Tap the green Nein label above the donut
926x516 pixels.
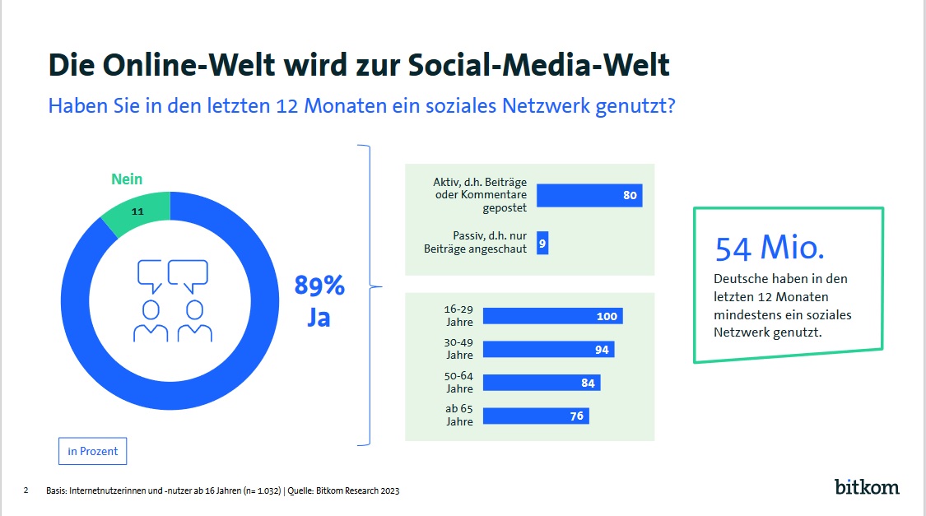coord(127,179)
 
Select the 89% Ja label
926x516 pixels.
coord(319,301)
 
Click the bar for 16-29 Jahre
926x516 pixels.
coord(552,317)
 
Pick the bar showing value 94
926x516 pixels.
coord(548,350)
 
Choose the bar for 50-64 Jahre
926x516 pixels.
coord(542,383)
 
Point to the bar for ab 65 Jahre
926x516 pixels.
coord(536,416)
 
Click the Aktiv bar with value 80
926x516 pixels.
coord(589,196)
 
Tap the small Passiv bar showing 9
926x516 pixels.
coord(542,244)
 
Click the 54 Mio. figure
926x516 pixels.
coord(770,248)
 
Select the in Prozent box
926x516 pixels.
coord(93,451)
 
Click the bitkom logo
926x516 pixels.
coord(867,486)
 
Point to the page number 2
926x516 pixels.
coord(26,490)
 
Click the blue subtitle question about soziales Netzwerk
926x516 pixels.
coord(362,107)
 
